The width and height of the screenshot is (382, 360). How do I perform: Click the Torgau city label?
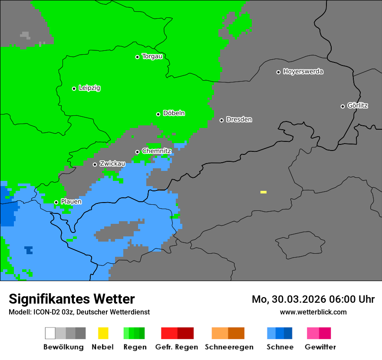click(152, 56)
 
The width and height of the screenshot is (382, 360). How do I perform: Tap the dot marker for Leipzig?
click(74, 88)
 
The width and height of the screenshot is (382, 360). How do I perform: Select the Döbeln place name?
click(174, 113)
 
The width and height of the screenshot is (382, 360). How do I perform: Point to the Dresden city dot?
click(221, 120)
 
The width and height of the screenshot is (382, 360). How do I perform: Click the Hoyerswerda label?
click(303, 72)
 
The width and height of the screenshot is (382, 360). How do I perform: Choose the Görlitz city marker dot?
click(342, 106)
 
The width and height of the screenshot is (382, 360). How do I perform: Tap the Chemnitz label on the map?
click(156, 151)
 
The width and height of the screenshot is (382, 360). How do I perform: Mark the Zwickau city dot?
click(95, 164)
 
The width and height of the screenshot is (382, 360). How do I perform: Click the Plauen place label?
click(71, 202)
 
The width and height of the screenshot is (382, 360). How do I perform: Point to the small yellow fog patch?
click(263, 192)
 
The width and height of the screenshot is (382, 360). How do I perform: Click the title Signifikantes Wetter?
click(72, 299)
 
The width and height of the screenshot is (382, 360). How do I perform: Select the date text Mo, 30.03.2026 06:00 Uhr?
click(313, 299)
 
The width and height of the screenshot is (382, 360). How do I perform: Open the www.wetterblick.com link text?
click(313, 312)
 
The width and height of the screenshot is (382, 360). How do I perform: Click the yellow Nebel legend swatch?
click(103, 333)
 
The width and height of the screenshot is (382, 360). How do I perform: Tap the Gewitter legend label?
click(320, 347)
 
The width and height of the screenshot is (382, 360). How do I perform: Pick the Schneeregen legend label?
click(228, 347)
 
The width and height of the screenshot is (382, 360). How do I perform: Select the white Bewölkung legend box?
click(50, 333)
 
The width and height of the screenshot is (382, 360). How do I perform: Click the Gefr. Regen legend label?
click(177, 347)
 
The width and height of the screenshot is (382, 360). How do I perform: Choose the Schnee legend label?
click(280, 347)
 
